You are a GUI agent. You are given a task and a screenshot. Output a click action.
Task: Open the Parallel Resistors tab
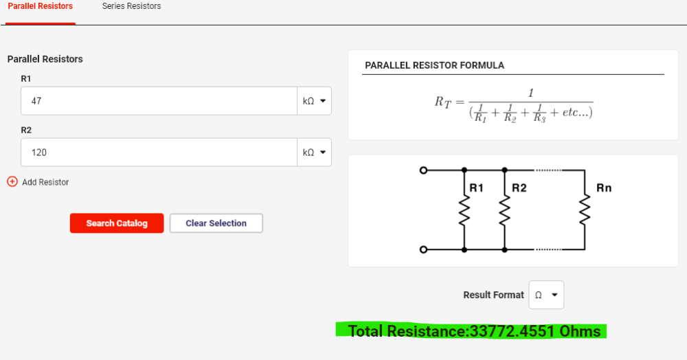point(41,6)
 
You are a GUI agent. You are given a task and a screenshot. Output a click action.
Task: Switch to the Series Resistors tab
point(131,6)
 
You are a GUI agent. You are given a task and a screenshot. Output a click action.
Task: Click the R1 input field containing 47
point(159,101)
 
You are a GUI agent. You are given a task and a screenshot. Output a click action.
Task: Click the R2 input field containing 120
point(159,153)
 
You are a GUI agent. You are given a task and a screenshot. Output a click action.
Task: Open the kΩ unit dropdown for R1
point(314,101)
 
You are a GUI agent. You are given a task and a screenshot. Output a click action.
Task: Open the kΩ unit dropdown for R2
point(314,153)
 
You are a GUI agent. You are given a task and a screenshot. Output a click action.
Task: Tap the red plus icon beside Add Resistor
point(12,181)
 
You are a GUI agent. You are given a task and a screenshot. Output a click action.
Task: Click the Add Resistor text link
point(45,182)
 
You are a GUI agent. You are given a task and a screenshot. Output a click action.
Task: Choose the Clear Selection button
point(216,223)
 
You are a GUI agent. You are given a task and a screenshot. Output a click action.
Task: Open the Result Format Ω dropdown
point(546,295)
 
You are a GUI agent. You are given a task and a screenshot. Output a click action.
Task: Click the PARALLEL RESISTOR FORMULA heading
point(435,65)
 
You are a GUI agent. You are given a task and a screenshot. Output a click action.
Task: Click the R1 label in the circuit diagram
point(476,188)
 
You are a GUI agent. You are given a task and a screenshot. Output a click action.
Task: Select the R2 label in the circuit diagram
point(519,188)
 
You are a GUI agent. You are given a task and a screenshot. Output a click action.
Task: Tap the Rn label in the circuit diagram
point(604,188)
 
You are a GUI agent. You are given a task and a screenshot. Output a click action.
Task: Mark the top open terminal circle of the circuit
point(423,170)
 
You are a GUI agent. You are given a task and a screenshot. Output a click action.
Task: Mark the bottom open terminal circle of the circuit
point(423,249)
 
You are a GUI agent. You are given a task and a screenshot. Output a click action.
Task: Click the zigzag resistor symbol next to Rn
point(585,210)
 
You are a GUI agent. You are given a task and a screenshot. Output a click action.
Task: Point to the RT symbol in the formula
point(442,102)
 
